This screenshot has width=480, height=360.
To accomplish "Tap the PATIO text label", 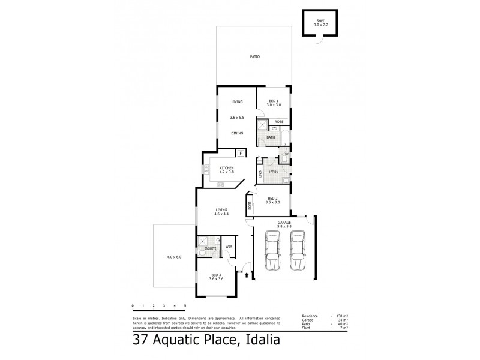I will (x=254, y=56).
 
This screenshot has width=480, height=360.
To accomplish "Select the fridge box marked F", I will (x=239, y=153).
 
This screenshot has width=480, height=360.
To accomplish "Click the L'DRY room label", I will (x=273, y=173).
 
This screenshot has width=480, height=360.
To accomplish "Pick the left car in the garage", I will (x=272, y=252).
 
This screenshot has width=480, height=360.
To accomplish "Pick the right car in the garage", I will (x=298, y=252).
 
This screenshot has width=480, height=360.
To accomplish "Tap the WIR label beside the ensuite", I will (x=229, y=247).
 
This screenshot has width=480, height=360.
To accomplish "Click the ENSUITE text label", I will (x=209, y=248).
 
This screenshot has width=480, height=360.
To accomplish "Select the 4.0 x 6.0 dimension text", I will (x=174, y=257).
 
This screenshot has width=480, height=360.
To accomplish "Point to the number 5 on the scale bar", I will (x=185, y=306).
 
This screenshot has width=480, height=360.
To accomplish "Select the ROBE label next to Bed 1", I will (x=279, y=122).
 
